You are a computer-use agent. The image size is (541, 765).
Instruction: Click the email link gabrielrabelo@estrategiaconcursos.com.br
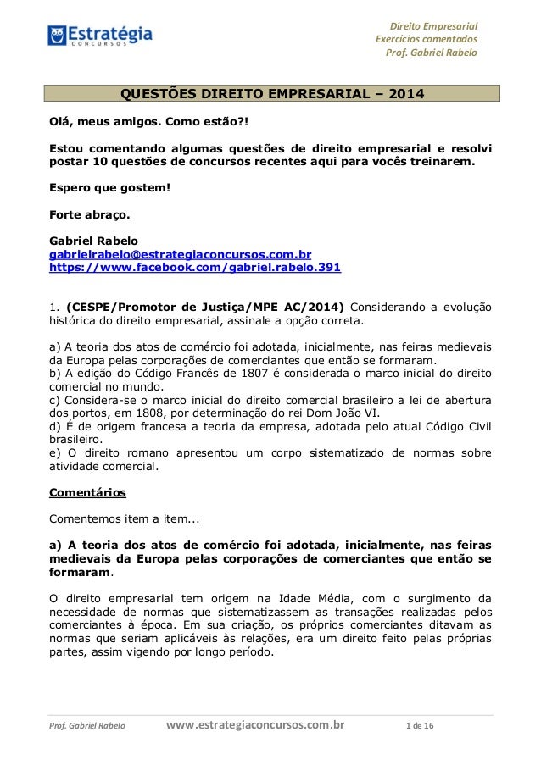(x=180, y=253)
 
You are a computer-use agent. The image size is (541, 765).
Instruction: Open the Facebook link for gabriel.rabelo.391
(x=195, y=268)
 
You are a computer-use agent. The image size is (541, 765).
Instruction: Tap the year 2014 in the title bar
(x=404, y=93)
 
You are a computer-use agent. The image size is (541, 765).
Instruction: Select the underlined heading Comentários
(x=87, y=492)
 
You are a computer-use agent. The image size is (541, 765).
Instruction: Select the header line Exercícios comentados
(x=427, y=39)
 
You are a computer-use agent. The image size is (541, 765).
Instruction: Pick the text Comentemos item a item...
(x=124, y=518)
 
